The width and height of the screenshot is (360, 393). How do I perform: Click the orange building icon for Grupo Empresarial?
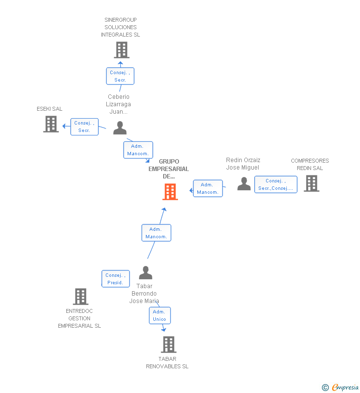click(170, 192)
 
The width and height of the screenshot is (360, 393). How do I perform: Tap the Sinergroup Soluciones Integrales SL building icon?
click(121, 50)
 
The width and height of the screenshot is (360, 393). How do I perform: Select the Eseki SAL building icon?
click(51, 124)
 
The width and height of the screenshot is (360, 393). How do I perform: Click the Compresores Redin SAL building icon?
click(311, 183)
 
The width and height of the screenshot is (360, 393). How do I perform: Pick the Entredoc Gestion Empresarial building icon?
click(81, 297)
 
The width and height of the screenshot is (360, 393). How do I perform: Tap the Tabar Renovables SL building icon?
click(169, 345)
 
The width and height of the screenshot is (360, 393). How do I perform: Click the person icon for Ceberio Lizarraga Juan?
click(120, 128)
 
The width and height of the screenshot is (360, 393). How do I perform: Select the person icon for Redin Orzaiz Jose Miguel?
click(244, 183)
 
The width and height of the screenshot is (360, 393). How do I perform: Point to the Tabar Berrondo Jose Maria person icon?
click(145, 273)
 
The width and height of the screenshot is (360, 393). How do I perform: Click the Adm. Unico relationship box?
click(160, 315)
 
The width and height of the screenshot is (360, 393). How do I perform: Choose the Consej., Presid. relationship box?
click(116, 279)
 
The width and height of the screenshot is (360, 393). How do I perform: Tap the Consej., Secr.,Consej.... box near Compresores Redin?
click(275, 184)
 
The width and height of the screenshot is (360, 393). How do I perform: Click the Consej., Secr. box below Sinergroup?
click(120, 76)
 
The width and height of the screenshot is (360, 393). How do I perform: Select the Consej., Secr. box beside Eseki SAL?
click(85, 127)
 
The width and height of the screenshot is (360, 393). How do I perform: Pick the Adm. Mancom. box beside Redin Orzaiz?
click(208, 188)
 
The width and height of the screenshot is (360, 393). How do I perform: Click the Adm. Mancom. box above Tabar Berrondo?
click(156, 233)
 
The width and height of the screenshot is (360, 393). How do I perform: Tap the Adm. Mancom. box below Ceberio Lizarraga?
click(138, 150)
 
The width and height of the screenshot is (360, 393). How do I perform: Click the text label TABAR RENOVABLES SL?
click(167, 362)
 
